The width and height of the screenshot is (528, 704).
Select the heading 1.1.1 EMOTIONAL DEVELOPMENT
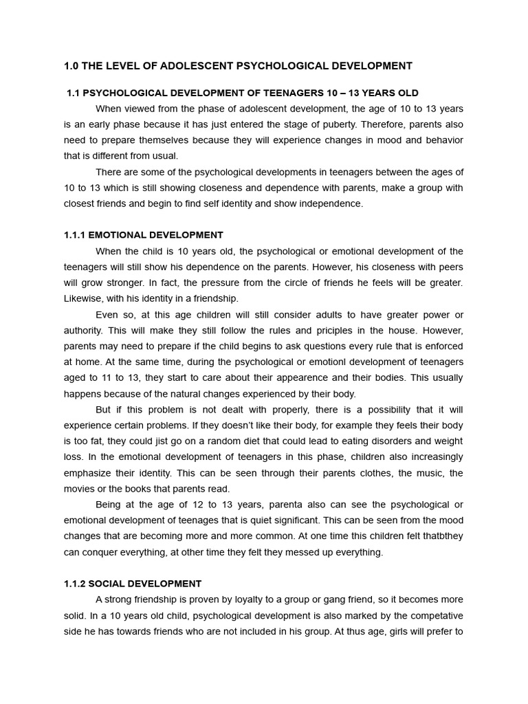[x=143, y=235]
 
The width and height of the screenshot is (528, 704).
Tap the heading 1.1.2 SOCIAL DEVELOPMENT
[x=132, y=584]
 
